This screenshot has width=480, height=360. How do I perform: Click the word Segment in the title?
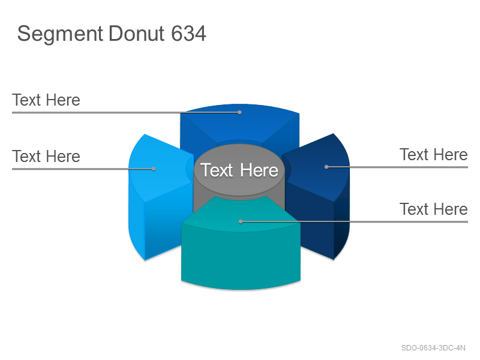61,34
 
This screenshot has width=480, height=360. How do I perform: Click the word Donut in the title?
137,34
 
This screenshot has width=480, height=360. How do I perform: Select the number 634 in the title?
188,34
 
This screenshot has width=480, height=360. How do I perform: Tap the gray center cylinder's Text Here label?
239,170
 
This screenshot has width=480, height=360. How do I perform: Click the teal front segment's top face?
241,214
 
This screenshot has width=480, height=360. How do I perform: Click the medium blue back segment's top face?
239,122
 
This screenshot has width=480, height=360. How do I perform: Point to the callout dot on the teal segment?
241,221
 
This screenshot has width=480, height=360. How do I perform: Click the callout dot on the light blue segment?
154,169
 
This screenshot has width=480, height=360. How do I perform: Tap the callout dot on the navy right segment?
326,167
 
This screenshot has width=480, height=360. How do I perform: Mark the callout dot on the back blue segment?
239,112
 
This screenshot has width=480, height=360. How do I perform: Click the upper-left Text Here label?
46,100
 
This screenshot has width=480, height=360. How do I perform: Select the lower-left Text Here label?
46,157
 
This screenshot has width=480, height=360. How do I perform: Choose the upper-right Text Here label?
434,155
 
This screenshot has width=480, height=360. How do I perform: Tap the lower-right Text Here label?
434,209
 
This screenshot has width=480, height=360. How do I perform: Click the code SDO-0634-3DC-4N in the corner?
433,348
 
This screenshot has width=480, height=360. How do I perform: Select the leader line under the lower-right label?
354,221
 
